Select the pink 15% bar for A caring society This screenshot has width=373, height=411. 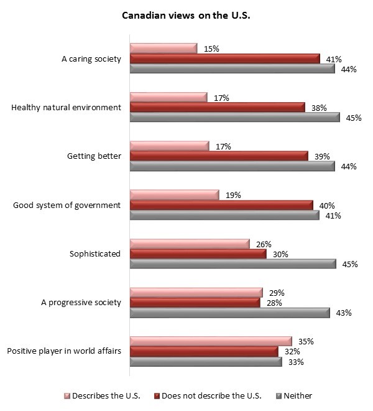163,48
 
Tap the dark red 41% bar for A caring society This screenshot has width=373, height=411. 224,59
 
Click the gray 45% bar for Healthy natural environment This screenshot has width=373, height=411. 234,117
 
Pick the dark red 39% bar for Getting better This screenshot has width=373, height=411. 218,156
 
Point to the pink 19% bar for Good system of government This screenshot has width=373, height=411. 174,195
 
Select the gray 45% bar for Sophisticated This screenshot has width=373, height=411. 234,264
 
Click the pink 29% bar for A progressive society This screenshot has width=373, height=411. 196,293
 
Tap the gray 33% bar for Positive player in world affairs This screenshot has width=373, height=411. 205,362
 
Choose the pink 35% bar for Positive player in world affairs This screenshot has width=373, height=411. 210,341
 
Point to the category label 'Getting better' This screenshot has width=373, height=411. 93,156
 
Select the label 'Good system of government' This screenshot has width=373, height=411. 67,205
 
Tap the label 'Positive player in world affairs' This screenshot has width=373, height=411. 63,352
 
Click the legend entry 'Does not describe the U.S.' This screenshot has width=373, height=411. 212,395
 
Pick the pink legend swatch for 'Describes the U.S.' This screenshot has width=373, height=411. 67,396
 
